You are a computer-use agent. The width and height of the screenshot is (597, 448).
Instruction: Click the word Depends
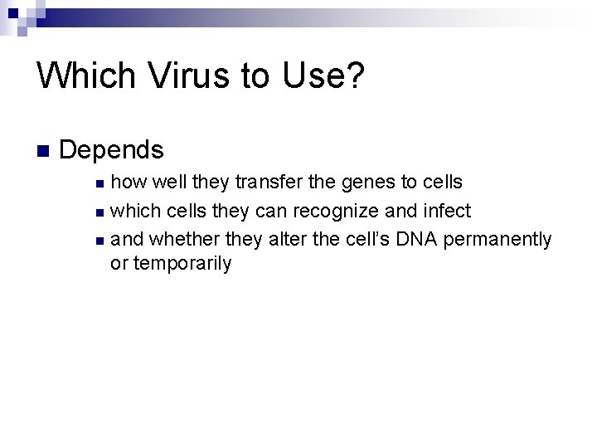(x=112, y=150)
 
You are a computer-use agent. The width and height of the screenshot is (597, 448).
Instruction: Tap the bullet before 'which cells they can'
(x=99, y=212)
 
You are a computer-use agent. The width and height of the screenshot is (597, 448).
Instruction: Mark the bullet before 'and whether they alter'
(x=99, y=241)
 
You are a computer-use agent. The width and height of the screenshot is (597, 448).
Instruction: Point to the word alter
(x=285, y=240)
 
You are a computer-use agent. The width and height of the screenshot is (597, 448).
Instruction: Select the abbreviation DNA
(x=419, y=240)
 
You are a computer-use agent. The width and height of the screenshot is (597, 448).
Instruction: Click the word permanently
(x=498, y=240)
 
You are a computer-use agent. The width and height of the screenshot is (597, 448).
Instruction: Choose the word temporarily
(x=182, y=265)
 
